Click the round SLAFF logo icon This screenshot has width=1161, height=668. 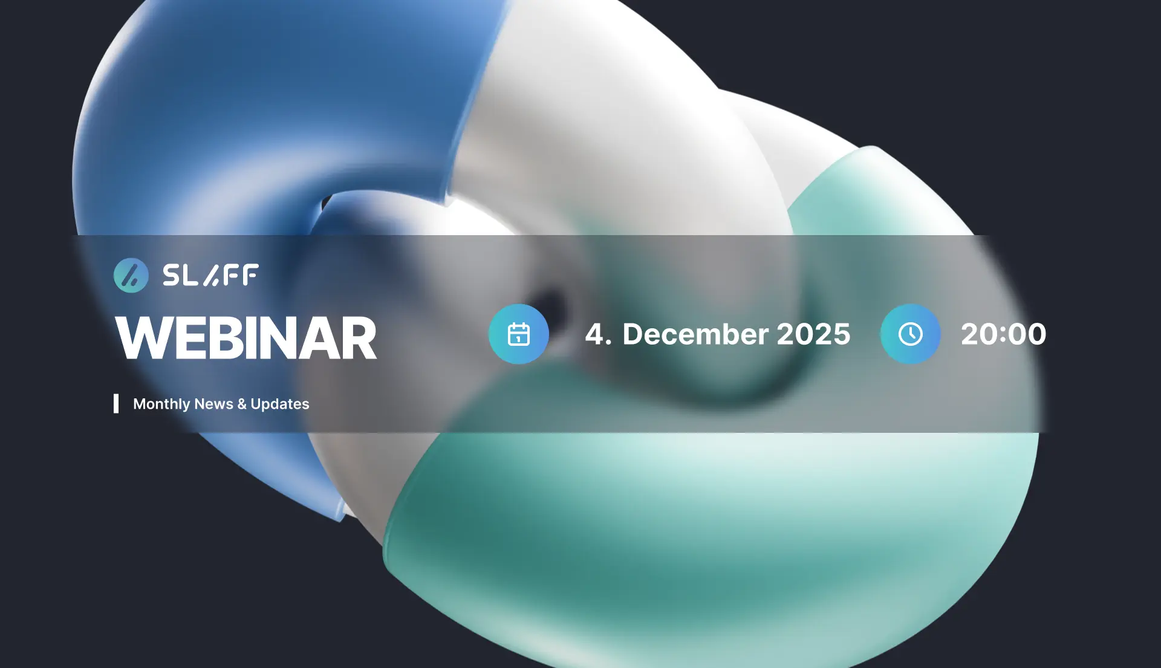[131, 276]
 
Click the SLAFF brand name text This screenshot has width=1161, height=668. [210, 275]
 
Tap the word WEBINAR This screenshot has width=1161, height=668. [246, 338]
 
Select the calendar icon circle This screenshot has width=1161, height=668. [519, 334]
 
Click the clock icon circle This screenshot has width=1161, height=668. [911, 334]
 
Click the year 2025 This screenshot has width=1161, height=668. [813, 334]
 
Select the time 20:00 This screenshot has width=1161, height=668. [1004, 334]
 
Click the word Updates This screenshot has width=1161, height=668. [280, 404]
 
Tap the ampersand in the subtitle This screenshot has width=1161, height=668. [242, 404]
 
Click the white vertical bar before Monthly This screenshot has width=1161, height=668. [116, 404]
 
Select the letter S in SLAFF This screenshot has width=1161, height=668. [172, 275]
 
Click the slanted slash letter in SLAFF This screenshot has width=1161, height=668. [211, 275]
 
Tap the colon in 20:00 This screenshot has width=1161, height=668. [1003, 335]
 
